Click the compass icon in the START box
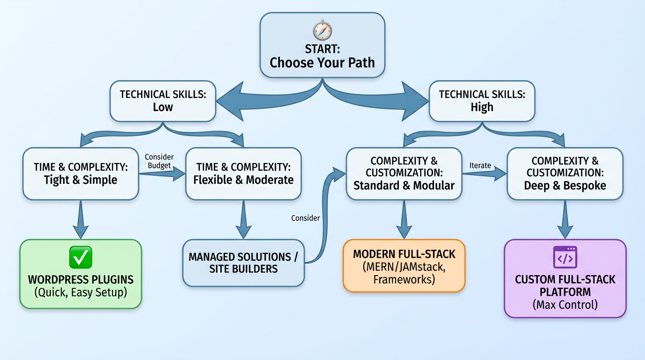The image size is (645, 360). click(322, 30)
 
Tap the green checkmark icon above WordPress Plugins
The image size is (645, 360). click(81, 257)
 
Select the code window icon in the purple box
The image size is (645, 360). click(565, 257)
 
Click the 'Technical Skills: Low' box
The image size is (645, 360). click(163, 101)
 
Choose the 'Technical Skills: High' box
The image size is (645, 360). click(482, 101)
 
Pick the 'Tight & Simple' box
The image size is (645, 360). click(81, 173)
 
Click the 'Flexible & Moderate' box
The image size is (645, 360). click(243, 173)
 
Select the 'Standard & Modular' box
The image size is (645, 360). click(404, 173)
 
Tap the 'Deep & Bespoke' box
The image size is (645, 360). click(565, 173)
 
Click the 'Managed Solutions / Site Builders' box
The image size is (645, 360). click(243, 263)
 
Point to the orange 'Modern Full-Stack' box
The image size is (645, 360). click(404, 266)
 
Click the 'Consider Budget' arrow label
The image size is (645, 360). click(159, 161)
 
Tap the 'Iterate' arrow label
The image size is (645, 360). click(480, 165)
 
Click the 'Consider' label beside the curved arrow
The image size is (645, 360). click(306, 218)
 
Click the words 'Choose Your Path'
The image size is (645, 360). click(322, 63)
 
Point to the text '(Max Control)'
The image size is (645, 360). click(565, 305)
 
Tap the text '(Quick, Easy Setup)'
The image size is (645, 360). click(81, 293)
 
